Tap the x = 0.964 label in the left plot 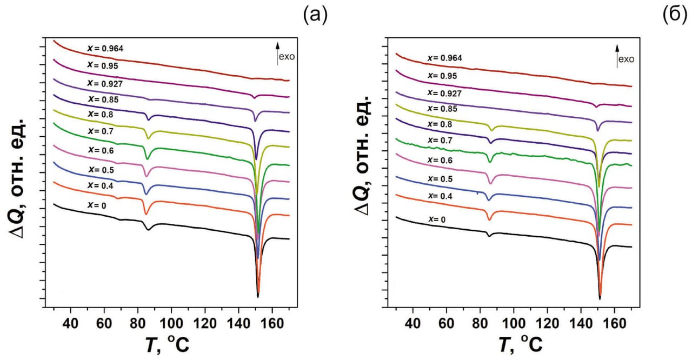pyautogui.click(x=105, y=49)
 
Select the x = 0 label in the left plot pyautogui.click(x=97, y=205)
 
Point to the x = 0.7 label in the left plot pyautogui.click(x=99, y=131)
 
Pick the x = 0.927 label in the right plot pyautogui.click(x=445, y=93)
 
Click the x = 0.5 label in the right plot pyautogui.click(x=441, y=179)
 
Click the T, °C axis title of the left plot pyautogui.click(x=167, y=344)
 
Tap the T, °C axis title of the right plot pyautogui.click(x=519, y=344)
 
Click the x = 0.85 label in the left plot pyautogui.click(x=103, y=100)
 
